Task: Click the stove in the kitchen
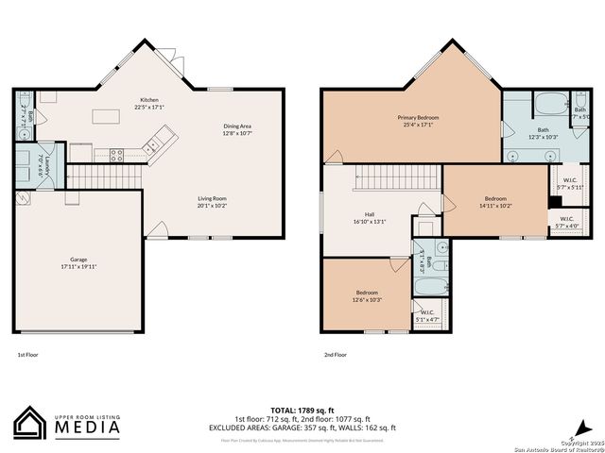click(x=119, y=155)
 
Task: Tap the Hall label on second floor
click(x=370, y=218)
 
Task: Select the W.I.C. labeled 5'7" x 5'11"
click(x=570, y=183)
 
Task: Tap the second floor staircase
click(x=397, y=176)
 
